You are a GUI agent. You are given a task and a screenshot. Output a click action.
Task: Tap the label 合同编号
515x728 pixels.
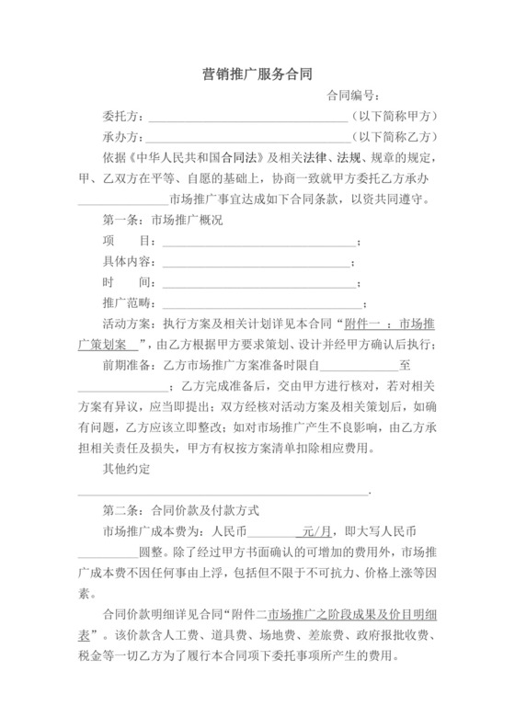pos(353,96)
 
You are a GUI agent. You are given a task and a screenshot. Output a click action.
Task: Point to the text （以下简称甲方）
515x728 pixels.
pos(395,118)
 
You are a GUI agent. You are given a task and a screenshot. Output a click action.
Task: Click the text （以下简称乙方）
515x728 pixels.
pos(395,138)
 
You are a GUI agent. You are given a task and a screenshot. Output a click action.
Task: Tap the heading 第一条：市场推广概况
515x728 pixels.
pos(161,221)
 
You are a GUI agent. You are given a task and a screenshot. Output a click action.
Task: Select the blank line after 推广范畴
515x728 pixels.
pos(261,302)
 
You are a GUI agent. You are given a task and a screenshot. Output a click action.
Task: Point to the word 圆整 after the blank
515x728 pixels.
pos(150,552)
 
